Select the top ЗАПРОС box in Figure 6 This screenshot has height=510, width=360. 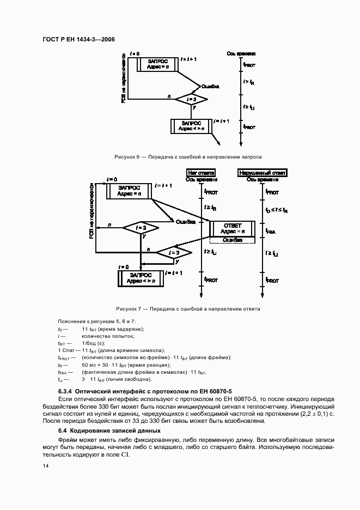158,64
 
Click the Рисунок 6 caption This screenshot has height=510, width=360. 188,156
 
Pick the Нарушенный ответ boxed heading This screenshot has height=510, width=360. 263,173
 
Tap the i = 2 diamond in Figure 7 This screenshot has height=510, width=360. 140,228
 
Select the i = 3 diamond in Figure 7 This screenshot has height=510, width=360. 174,253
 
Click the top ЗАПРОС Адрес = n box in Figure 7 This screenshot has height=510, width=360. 129,190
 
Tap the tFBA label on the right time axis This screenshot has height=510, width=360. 271,231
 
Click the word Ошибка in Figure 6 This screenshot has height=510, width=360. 210,86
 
